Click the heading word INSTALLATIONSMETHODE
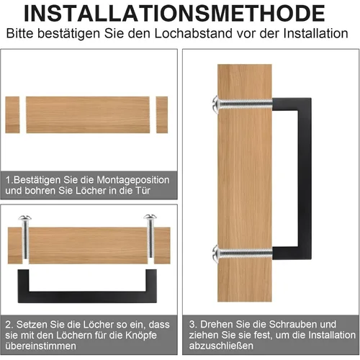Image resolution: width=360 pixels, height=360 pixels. (x=179, y=14)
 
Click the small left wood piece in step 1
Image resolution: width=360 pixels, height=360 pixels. (x=12, y=114)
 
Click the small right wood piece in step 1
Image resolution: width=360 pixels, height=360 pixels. (x=161, y=114)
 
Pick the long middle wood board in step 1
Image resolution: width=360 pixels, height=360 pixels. (x=88, y=114)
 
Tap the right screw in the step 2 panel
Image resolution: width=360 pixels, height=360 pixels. (x=150, y=238)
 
